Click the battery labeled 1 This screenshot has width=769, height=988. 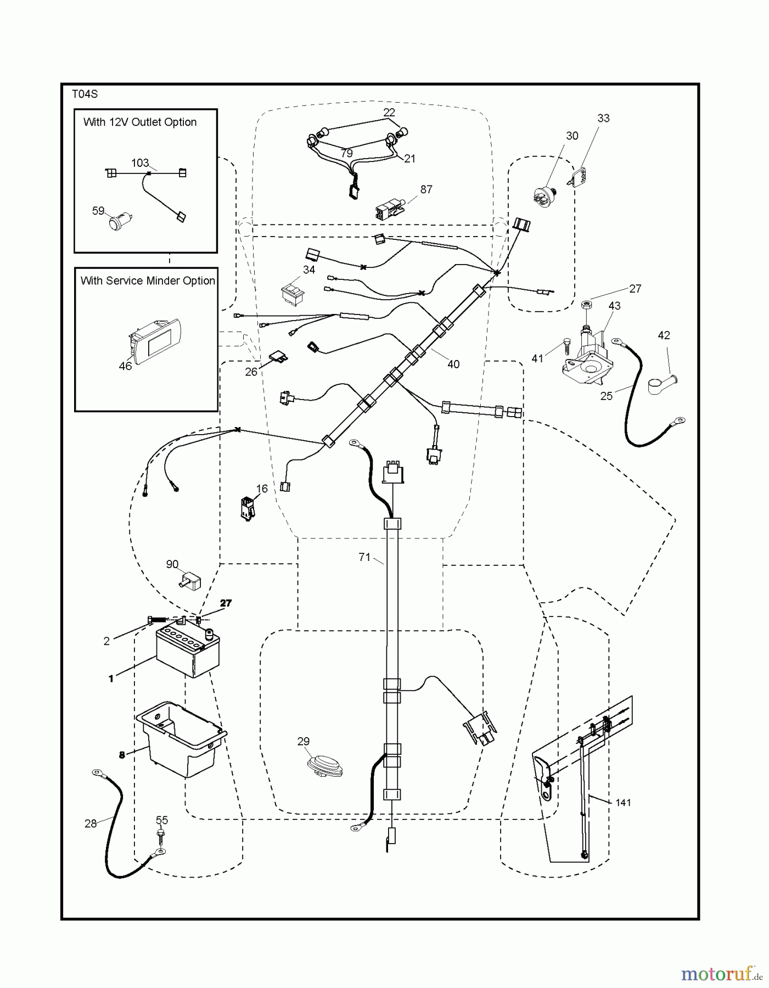[188, 653]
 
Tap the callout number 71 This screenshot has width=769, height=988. [364, 557]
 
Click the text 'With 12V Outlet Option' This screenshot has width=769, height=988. [140, 122]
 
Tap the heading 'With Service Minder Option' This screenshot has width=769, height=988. [148, 281]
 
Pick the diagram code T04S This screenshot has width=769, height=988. [85, 94]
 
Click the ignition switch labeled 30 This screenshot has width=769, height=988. [545, 196]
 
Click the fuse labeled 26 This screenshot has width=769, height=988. [279, 359]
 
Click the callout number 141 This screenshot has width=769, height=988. [623, 802]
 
